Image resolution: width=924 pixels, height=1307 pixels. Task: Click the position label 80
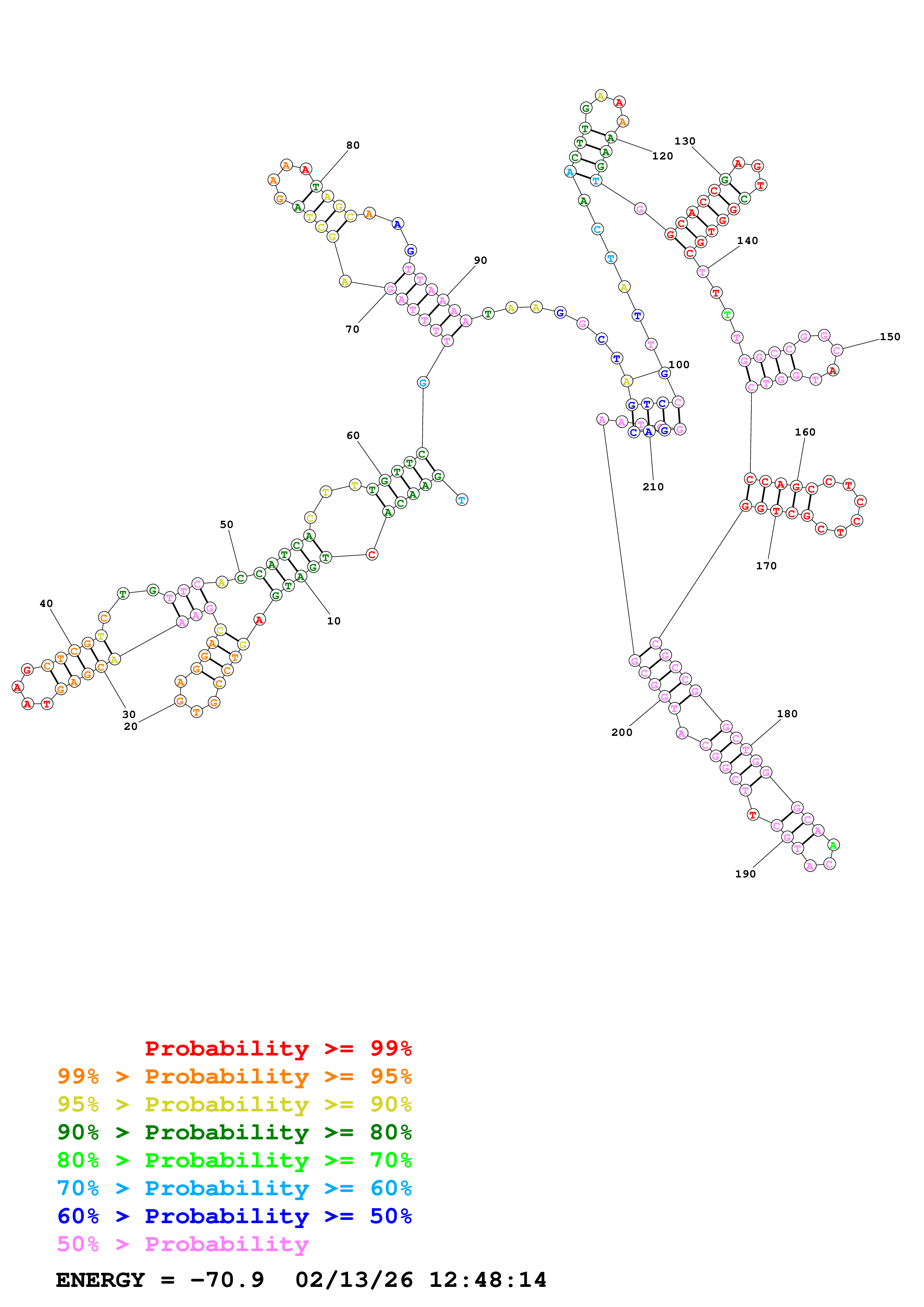click(x=353, y=145)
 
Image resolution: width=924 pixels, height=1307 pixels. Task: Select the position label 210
click(x=653, y=487)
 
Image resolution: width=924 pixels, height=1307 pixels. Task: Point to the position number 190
click(x=745, y=874)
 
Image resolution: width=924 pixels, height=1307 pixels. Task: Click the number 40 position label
click(x=46, y=604)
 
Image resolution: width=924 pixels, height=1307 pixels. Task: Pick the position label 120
click(x=662, y=156)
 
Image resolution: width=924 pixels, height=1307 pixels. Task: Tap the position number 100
click(x=679, y=364)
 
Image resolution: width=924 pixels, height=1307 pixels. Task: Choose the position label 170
click(x=766, y=566)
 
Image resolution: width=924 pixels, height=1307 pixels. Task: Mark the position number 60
click(x=353, y=436)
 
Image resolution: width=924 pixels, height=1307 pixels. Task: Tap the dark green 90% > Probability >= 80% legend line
click(x=234, y=1132)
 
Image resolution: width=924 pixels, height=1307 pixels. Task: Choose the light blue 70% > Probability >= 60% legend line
click(x=234, y=1188)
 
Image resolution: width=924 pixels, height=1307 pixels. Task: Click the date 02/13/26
click(x=354, y=1280)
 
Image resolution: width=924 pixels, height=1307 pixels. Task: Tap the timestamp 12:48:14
click(x=487, y=1280)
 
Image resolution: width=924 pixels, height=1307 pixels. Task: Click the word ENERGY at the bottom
click(x=100, y=1280)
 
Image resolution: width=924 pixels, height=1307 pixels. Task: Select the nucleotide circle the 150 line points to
click(x=836, y=350)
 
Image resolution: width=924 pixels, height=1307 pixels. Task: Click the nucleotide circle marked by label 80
click(x=316, y=186)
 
